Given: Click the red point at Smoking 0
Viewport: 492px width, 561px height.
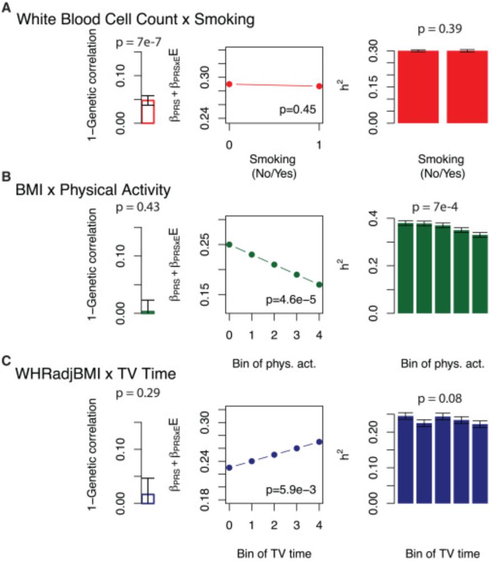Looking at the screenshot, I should [229, 84].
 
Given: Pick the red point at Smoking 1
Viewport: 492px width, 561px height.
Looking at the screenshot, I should [319, 86].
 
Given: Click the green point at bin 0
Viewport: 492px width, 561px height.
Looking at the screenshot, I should [229, 244].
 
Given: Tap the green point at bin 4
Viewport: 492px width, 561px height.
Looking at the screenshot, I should [319, 284].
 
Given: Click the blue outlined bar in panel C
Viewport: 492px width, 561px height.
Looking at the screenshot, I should [148, 499].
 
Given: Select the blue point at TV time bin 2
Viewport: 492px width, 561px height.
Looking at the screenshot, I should [274, 454].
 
